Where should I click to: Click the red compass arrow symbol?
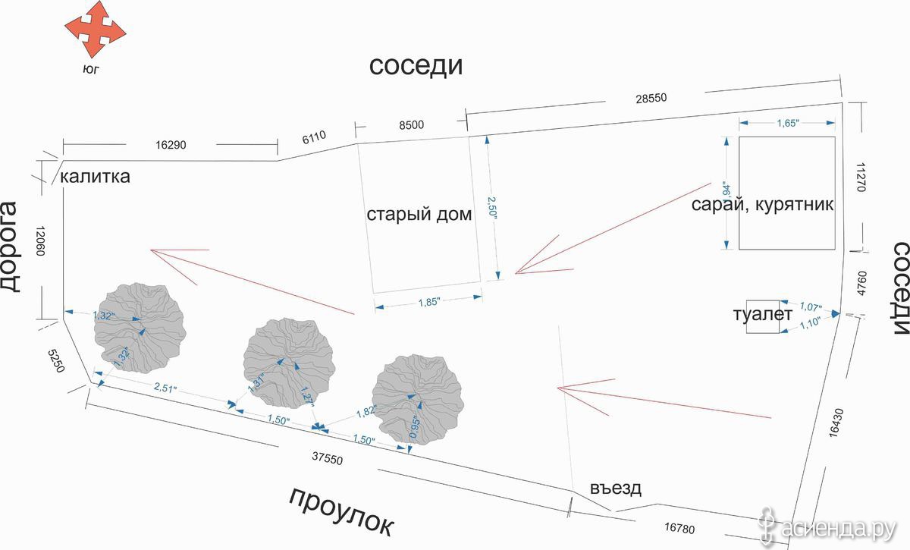[96, 30]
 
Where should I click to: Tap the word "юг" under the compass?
[91, 70]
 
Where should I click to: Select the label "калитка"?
[95, 177]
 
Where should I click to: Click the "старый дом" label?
[419, 214]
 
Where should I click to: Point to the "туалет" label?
[763, 314]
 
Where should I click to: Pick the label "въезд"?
[616, 488]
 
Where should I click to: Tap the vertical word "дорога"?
[9, 247]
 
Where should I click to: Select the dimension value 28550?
[651, 99]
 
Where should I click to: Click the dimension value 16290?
[171, 145]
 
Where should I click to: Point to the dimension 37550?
[328, 458]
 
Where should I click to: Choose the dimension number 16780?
[679, 528]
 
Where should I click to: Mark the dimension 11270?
[861, 178]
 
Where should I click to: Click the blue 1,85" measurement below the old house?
[429, 302]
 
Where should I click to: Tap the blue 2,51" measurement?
[165, 388]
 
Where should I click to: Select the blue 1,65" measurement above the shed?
[788, 123]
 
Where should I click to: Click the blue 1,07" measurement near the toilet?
[811, 306]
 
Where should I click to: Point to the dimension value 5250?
[56, 361]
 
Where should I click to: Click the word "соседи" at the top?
[416, 65]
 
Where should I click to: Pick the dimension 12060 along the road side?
[40, 240]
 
